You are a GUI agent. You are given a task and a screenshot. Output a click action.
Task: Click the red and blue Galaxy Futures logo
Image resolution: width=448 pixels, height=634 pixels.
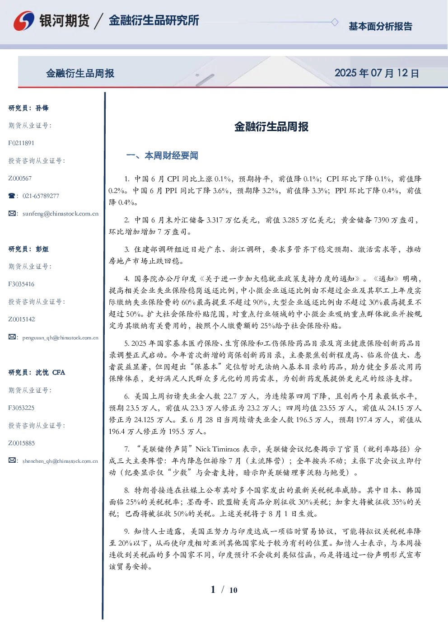click(24, 20)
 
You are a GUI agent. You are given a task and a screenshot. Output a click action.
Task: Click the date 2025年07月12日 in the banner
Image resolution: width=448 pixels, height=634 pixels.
click(377, 73)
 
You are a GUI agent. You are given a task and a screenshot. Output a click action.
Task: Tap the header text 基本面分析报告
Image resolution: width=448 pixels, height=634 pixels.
click(380, 26)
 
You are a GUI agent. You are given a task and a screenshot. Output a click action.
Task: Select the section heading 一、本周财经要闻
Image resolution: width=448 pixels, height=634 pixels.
click(162, 155)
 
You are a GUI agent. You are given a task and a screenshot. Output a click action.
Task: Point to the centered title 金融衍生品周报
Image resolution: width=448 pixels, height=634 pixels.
click(271, 127)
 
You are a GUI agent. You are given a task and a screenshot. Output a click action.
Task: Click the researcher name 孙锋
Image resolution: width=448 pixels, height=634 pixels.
click(42, 108)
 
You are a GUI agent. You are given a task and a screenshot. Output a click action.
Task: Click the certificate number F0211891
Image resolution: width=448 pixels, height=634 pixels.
click(21, 143)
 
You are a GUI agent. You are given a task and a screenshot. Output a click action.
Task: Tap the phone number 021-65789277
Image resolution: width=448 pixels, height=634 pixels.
click(41, 196)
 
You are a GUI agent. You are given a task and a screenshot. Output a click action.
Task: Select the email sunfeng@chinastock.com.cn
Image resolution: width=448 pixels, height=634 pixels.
click(61, 214)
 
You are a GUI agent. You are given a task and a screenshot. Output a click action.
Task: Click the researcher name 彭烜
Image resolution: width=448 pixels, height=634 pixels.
click(42, 249)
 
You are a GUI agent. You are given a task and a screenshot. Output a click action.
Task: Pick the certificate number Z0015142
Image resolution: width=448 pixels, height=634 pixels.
click(22, 319)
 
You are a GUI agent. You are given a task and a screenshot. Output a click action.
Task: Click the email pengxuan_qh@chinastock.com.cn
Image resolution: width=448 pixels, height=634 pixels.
click(61, 338)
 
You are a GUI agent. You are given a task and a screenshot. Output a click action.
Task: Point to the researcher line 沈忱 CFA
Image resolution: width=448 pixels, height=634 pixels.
click(50, 372)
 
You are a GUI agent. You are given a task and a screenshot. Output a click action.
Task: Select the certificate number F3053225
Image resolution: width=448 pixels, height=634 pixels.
click(21, 408)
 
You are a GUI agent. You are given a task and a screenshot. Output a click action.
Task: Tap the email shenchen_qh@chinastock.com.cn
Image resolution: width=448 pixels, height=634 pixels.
click(60, 461)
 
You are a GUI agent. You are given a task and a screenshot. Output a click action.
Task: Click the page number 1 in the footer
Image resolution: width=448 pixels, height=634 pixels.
click(213, 590)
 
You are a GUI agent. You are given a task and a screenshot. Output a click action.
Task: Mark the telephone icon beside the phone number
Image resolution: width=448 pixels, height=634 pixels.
click(12, 196)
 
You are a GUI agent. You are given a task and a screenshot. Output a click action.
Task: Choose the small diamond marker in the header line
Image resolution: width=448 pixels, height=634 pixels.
click(335, 22)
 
